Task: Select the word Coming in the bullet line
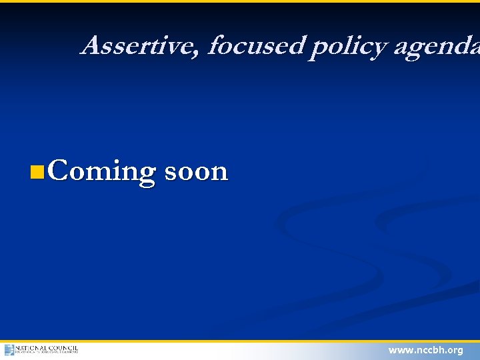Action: point(101,172)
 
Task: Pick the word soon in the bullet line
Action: point(195,172)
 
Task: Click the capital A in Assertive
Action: point(91,45)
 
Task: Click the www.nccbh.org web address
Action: point(425,350)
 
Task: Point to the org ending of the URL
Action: point(455,351)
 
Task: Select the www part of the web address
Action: point(399,350)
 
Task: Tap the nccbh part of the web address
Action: point(429,350)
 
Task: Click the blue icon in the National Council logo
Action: point(9,350)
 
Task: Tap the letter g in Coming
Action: point(146,175)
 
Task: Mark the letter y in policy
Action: point(378,49)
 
